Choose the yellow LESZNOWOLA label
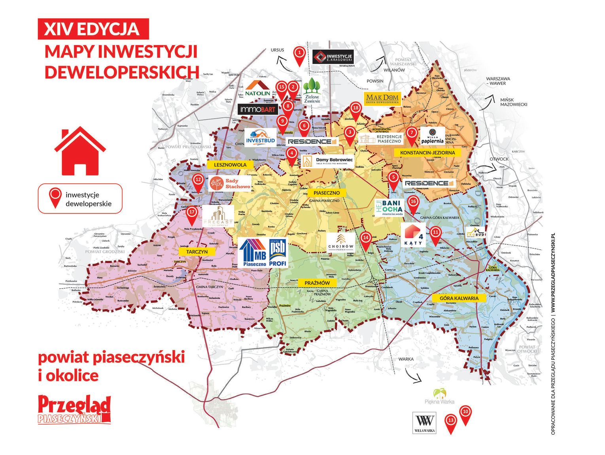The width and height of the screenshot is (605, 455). [230, 164]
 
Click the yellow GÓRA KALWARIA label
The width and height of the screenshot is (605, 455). [459, 298]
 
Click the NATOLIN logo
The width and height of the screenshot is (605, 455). [258, 89]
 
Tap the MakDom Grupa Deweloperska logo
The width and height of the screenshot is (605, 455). [382, 98]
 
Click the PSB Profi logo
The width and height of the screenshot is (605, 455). [278, 253]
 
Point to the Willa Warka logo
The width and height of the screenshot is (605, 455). [424, 423]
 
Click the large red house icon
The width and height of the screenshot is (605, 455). [80, 151]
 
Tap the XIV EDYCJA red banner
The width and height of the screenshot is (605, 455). [93, 29]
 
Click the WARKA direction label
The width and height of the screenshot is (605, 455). [406, 359]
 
